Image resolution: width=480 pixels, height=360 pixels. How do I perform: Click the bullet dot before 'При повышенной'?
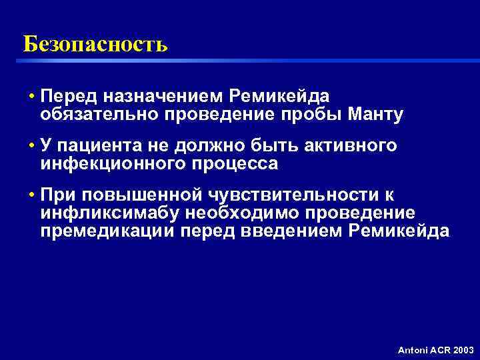pos(31,195)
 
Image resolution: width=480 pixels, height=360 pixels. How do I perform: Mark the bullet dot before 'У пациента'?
pos(31,145)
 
